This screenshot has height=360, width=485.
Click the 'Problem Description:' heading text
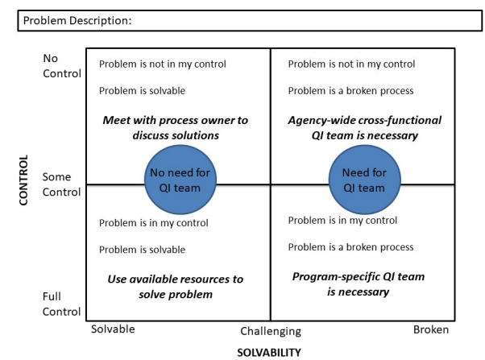coord(77,21)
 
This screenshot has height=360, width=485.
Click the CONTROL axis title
coord(23,180)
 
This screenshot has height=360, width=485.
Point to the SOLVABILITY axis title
coord(268,352)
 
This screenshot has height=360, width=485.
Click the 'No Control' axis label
coord(62,66)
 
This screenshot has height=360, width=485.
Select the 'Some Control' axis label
coord(62,184)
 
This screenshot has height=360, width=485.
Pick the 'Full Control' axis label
coord(62,304)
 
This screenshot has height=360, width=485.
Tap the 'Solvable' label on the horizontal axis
coord(113,329)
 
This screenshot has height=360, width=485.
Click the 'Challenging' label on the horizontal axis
coord(271,331)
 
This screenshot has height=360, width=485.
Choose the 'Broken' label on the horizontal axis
coord(430,329)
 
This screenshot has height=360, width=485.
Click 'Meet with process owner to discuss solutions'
coord(175,127)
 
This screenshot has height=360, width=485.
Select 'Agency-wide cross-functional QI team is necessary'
coord(364,127)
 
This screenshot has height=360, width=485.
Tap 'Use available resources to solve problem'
coord(175,286)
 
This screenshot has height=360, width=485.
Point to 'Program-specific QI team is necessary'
coord(358,283)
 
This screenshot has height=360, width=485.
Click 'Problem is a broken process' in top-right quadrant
coord(350,90)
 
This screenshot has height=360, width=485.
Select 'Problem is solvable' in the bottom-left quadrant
coord(142,250)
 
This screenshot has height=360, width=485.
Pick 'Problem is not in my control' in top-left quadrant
coord(162,64)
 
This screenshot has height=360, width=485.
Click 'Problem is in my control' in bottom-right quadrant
coord(342,220)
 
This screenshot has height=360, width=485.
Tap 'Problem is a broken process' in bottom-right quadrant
coord(350,246)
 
